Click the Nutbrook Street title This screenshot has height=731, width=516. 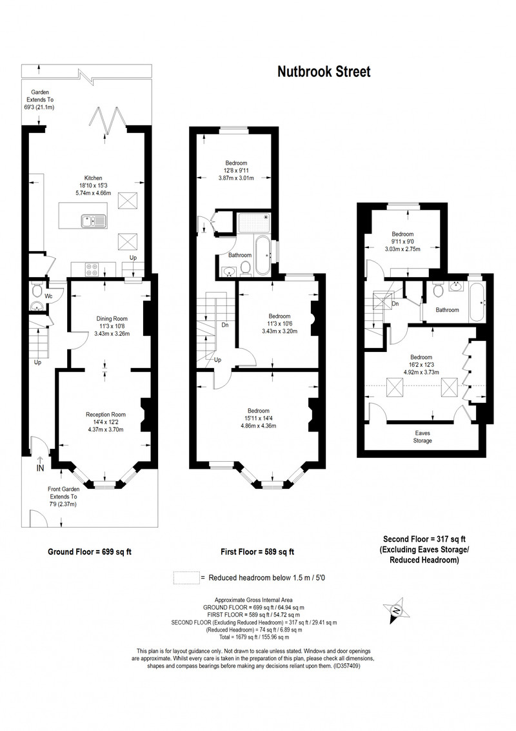pyautogui.click(x=324, y=72)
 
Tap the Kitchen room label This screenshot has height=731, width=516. pyautogui.click(x=93, y=178)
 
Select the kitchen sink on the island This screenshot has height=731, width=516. pyautogui.click(x=92, y=221)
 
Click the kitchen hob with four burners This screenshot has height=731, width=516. pyautogui.click(x=92, y=269)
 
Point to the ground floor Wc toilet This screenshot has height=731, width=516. pyautogui.click(x=37, y=291)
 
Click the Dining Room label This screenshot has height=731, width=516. pyautogui.click(x=112, y=319)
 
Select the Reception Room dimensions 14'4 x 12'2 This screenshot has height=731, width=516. pyautogui.click(x=106, y=422)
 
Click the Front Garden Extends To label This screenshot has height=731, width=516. pyautogui.click(x=63, y=493)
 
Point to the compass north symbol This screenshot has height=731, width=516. pyautogui.click(x=395, y=610)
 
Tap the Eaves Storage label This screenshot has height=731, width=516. pyautogui.click(x=422, y=437)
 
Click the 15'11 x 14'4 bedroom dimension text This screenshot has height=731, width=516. pyautogui.click(x=258, y=418)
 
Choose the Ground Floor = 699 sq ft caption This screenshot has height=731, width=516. pyautogui.click(x=90, y=552)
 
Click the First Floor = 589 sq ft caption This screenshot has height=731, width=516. pyautogui.click(x=257, y=552)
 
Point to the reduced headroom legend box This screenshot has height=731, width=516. pyautogui.click(x=186, y=577)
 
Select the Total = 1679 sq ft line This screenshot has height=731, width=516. pyautogui.click(x=254, y=637)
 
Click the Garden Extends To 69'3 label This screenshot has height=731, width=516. pyautogui.click(x=40, y=99)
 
